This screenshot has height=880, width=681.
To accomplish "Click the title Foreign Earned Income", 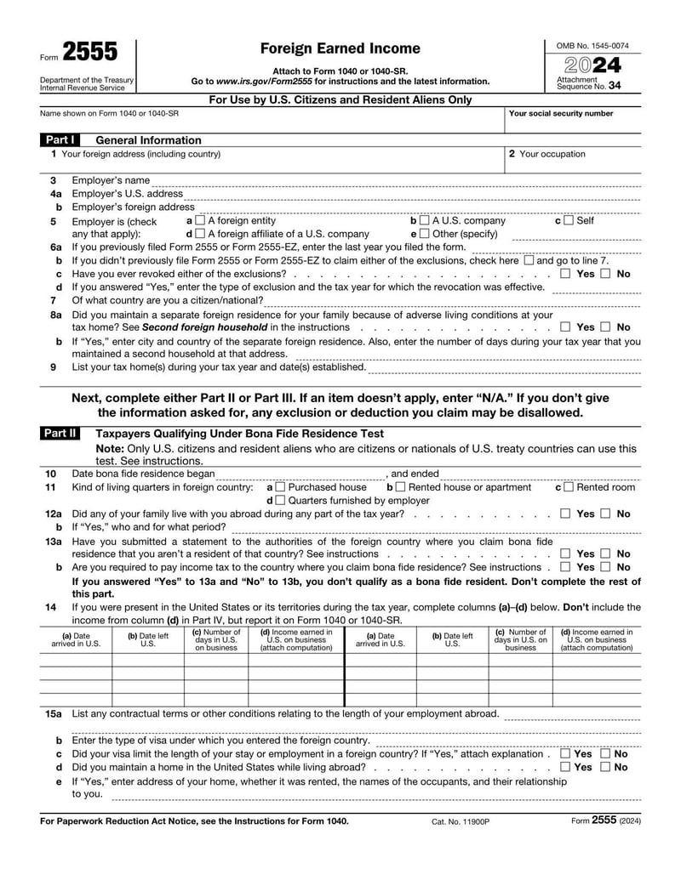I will [x=340, y=48].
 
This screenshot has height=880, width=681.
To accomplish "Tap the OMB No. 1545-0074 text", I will [x=592, y=45].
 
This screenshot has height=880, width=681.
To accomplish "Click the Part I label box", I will [x=59, y=140].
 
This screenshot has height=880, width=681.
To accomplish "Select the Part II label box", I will [x=59, y=434].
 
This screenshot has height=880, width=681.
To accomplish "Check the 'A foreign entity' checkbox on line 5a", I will [x=200, y=221].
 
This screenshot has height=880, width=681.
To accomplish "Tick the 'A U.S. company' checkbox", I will [x=425, y=221].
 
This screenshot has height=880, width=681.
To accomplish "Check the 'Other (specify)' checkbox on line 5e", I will [x=425, y=234].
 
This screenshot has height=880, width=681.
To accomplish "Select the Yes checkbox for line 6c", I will [x=566, y=274].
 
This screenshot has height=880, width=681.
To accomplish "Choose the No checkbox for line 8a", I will [x=605, y=326].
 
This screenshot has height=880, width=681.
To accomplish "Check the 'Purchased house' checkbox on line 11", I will [x=281, y=487].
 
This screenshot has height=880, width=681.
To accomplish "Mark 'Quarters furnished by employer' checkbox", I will [x=281, y=501].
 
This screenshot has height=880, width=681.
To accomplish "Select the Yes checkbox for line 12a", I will [x=566, y=514].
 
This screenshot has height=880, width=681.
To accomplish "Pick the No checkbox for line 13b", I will [x=605, y=567].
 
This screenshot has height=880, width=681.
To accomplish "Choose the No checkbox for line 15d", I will [x=605, y=767].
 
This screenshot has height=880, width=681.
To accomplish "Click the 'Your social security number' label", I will [x=560, y=113].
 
